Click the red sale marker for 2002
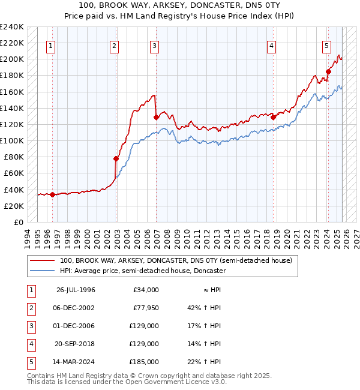(x=116, y=158)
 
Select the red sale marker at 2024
(x=328, y=71)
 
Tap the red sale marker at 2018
(x=274, y=117)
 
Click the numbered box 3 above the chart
(x=155, y=45)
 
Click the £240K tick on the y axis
(x=12, y=27)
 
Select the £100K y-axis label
(x=12, y=140)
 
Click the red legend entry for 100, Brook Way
(x=175, y=260)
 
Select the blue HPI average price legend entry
(x=142, y=271)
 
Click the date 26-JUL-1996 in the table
(x=76, y=290)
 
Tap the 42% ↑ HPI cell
(x=204, y=308)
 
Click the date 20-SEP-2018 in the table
(x=76, y=344)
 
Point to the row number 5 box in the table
(x=29, y=362)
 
